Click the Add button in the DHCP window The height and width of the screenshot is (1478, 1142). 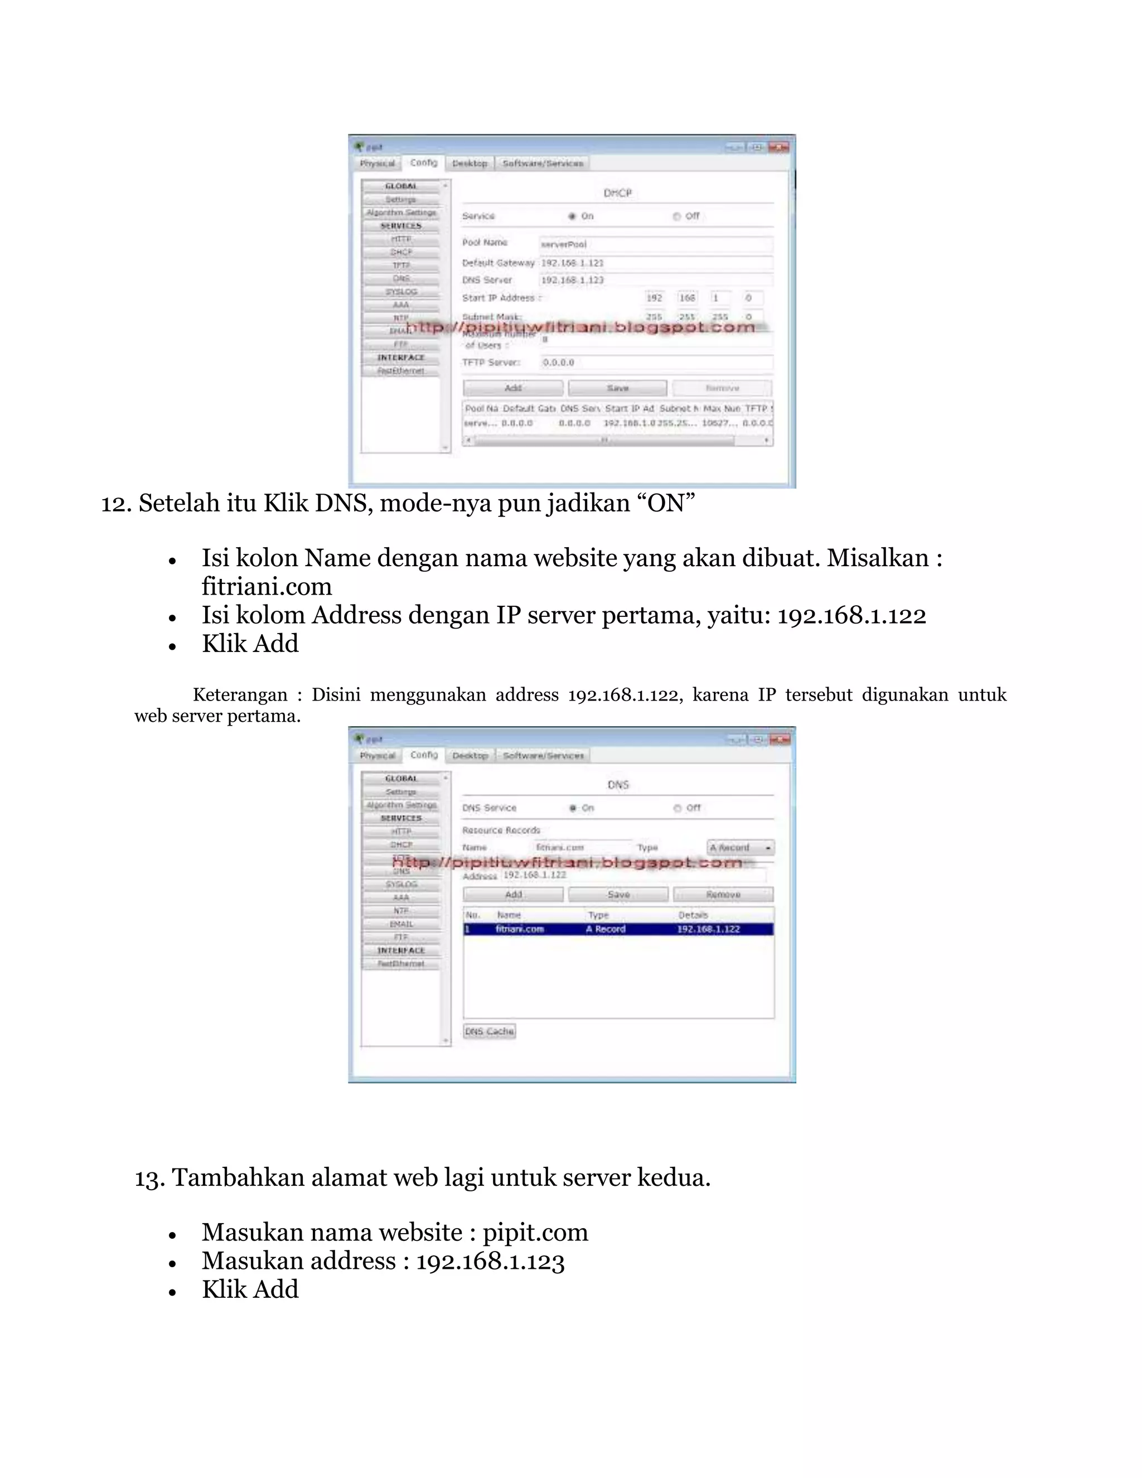[513, 388]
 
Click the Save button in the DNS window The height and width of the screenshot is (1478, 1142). [618, 894]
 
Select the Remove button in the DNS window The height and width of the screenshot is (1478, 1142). [723, 894]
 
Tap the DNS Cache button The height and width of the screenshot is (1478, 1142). [489, 1031]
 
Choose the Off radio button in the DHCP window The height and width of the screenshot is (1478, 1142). [676, 216]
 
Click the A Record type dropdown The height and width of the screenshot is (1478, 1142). [740, 847]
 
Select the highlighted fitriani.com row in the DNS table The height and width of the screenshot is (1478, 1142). [618, 929]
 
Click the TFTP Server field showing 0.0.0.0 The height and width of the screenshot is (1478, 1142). [656, 362]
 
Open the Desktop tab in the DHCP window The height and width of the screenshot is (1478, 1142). [470, 163]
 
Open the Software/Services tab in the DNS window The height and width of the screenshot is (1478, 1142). [543, 755]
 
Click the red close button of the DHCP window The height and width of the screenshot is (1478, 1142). [778, 147]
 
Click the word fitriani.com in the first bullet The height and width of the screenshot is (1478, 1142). [267, 586]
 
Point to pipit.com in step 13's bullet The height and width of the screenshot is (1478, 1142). [535, 1233]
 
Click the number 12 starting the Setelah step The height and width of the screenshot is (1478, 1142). [115, 504]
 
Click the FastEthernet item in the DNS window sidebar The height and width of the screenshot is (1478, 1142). [400, 963]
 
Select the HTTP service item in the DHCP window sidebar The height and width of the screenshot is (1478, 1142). [400, 239]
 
